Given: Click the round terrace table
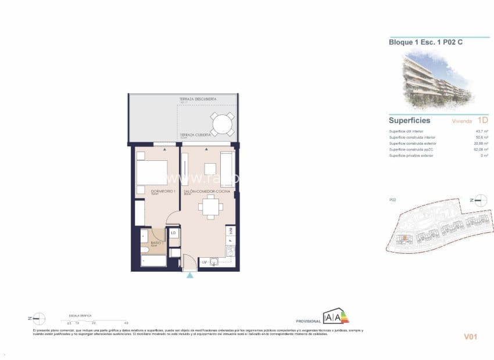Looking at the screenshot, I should [x=221, y=124].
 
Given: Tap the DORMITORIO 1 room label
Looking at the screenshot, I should [x=147, y=191].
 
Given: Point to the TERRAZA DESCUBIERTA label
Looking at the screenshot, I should [x=198, y=99].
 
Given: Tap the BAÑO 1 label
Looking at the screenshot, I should [x=155, y=243].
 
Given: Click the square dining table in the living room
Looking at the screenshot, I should [x=209, y=206].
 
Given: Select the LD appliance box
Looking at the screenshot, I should [x=173, y=233].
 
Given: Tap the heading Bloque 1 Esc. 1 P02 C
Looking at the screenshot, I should [x=426, y=42].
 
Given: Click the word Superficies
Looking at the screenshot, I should [x=409, y=121].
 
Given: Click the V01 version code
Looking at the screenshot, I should [x=470, y=336].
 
